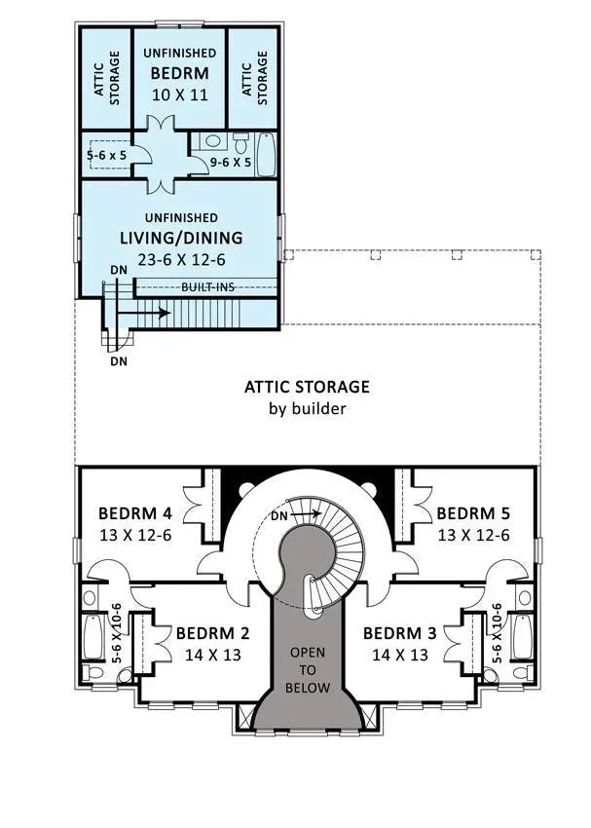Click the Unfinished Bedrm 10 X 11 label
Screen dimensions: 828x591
click(179, 72)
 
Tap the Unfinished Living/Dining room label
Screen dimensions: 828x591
click(180, 237)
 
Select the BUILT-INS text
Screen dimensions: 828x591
click(205, 287)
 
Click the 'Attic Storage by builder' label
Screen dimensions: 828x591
click(307, 396)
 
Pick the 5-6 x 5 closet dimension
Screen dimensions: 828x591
click(106, 154)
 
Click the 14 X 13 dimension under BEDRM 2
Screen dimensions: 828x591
click(212, 656)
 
